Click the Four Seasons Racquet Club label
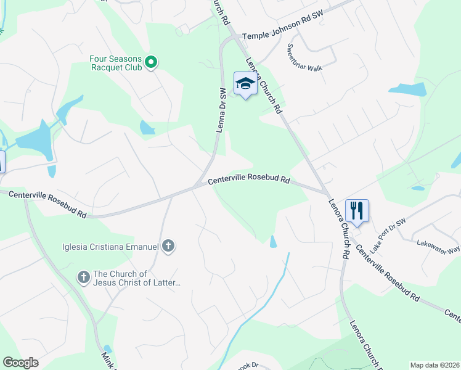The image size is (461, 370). tap(116, 63)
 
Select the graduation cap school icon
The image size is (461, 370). tap(245, 84)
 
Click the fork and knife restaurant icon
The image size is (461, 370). tap(357, 211)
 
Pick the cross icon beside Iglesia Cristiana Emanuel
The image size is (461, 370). tap(168, 247)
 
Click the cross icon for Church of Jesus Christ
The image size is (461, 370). tap(84, 277)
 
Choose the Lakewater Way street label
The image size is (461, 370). tap(438, 245)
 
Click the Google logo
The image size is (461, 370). tap(20, 363)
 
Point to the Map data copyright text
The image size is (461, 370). tap(435, 365)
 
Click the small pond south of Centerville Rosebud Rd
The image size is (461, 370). tap(273, 241)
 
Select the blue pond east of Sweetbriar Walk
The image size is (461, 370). tap(407, 89)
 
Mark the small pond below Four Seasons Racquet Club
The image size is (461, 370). tap(147, 128)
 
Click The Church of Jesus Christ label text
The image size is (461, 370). tap(137, 278)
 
